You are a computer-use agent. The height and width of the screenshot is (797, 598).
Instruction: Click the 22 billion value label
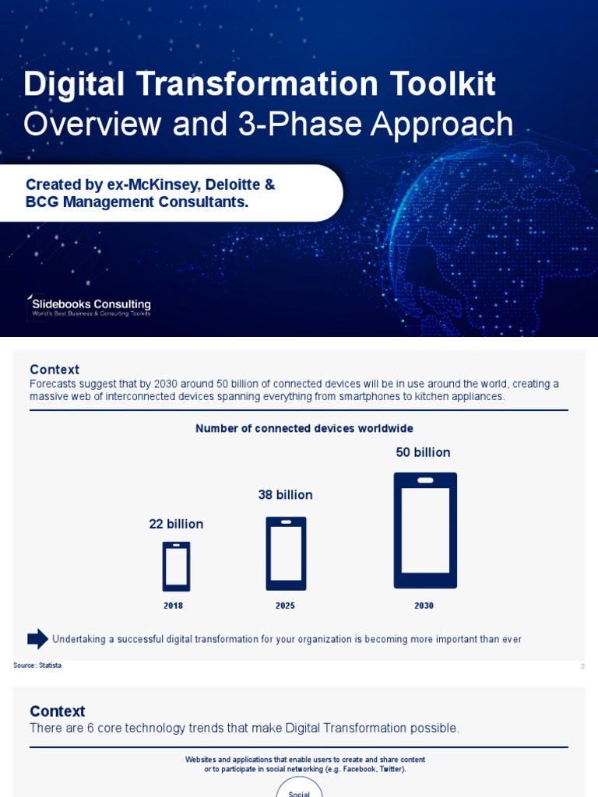[176, 525]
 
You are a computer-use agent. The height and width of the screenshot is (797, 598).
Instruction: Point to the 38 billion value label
[285, 495]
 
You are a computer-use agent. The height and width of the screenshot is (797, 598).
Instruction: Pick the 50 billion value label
[423, 452]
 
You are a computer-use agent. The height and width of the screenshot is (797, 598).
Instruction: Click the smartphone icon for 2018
[176, 566]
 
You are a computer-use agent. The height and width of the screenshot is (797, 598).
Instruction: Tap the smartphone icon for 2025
[286, 553]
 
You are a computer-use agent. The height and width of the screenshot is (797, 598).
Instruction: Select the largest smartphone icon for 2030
[425, 530]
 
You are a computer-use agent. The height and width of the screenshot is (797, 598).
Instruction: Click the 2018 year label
[173, 606]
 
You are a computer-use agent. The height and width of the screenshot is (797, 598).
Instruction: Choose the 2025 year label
[285, 606]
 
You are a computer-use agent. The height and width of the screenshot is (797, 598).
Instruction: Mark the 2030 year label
[424, 606]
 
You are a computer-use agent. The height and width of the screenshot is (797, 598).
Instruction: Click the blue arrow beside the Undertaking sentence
[37, 639]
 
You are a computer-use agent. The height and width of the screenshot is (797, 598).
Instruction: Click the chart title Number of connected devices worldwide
[304, 429]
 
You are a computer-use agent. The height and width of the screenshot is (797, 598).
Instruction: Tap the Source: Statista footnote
[37, 665]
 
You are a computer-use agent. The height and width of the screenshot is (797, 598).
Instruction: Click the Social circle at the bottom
[300, 788]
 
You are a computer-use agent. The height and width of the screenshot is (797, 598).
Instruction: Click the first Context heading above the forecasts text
[55, 370]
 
